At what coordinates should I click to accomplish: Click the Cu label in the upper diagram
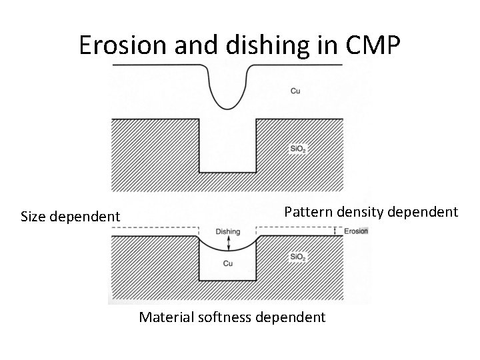tap(295, 91)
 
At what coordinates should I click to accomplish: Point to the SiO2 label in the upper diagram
tap(297, 149)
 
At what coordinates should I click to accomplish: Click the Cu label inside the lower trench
tap(228, 263)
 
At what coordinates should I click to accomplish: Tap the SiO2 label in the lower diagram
tap(297, 257)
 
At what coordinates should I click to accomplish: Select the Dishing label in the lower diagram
tap(228, 231)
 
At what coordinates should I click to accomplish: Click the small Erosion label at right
tap(355, 231)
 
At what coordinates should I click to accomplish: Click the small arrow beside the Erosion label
tap(336, 231)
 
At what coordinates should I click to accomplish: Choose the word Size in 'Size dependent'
tap(35, 217)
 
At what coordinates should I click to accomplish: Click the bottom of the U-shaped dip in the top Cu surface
tap(228, 107)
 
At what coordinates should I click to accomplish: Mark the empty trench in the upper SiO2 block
tap(228, 147)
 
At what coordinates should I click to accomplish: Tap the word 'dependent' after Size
tap(86, 217)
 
